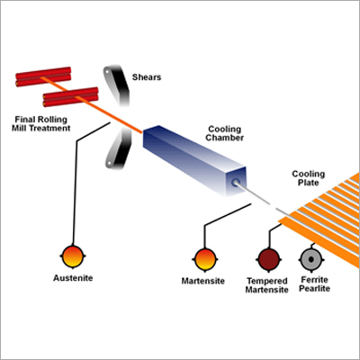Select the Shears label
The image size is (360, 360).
[147, 76]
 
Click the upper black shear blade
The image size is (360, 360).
[114, 85]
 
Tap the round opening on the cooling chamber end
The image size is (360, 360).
[236, 182]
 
